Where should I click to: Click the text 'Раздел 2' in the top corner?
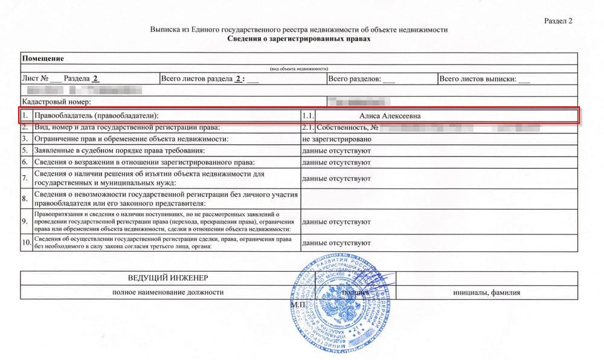(x=557, y=21)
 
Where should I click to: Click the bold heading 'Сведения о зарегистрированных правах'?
(x=299, y=39)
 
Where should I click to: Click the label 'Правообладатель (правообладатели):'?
(x=100, y=115)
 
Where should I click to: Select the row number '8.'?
(x=25, y=198)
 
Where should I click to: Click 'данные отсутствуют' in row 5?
(x=336, y=150)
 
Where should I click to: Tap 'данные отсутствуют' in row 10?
(x=336, y=243)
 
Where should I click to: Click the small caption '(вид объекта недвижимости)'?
(x=298, y=69)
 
